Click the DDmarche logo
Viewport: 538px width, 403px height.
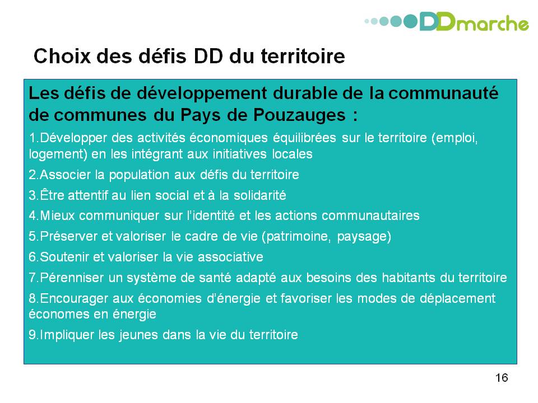(447, 22)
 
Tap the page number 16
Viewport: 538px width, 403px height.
(501, 378)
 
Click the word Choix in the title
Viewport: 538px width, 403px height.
(62, 56)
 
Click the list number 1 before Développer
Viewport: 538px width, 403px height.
(33, 138)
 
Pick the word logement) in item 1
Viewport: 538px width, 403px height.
(58, 154)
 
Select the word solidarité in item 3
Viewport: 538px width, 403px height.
(259, 195)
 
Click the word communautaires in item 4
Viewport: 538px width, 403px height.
(370, 215)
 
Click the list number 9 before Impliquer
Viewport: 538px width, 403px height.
(33, 335)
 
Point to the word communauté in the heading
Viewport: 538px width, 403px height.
(443, 93)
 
